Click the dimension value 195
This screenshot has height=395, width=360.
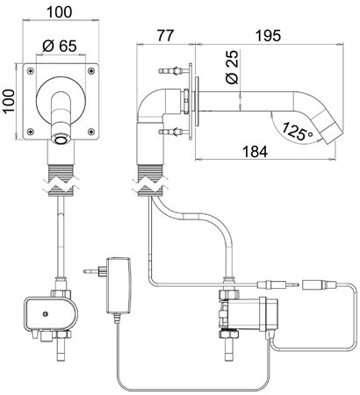pos(266,36)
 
